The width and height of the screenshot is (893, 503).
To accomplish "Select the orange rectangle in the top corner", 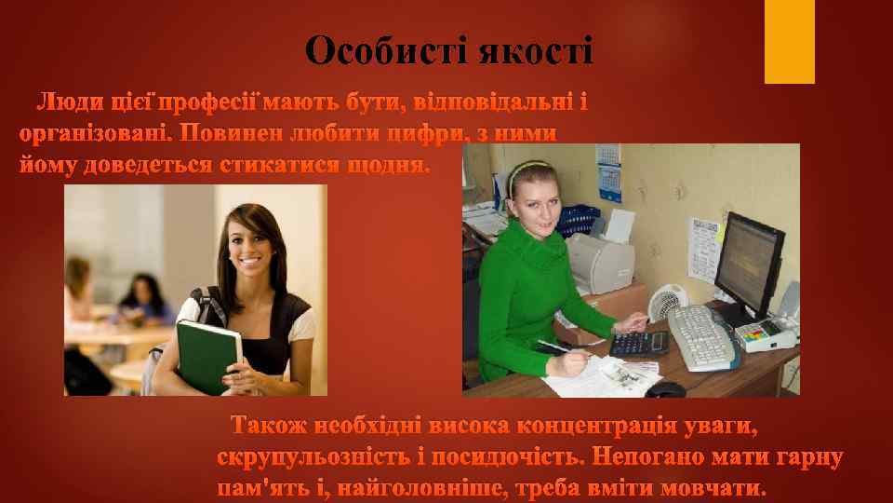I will pos(789,41).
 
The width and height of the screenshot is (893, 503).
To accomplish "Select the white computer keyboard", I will pos(702,335).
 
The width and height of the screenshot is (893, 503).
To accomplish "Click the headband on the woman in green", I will pos(526,172).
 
